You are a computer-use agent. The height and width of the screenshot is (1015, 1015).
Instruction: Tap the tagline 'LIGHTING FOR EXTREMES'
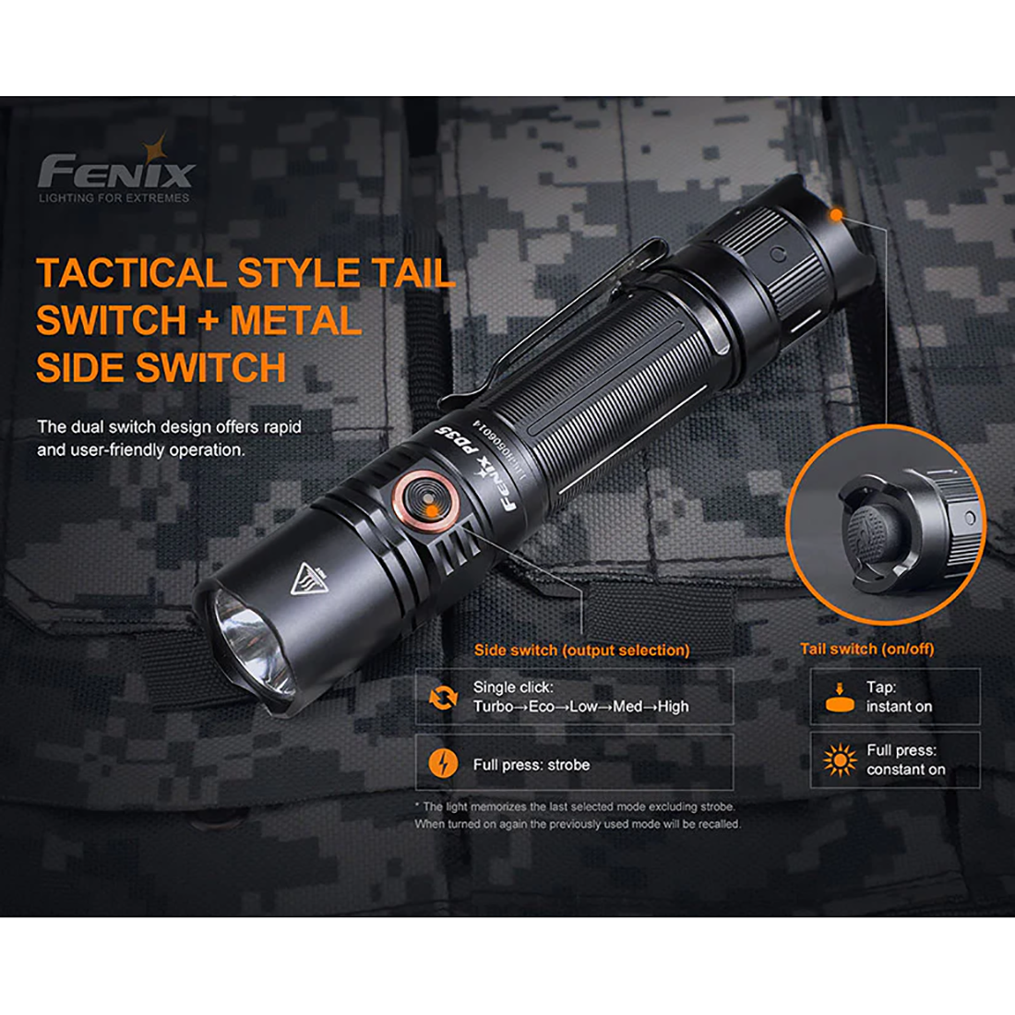(113, 197)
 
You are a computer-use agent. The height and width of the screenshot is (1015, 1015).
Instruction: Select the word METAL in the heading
(294, 320)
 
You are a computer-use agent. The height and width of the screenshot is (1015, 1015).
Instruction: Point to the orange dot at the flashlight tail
(836, 215)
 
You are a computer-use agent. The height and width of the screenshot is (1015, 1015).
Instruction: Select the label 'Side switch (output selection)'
(581, 651)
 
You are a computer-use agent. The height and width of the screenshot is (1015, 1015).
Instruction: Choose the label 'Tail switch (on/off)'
(866, 649)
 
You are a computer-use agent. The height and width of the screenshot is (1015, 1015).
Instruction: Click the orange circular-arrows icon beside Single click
(444, 698)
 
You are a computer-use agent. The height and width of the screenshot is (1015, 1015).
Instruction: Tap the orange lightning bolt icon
(444, 764)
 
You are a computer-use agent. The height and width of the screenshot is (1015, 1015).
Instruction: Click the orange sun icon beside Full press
(840, 760)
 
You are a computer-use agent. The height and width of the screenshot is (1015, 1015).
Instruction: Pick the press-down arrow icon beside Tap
(839, 698)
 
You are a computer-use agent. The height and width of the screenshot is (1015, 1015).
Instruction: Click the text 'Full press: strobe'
(531, 765)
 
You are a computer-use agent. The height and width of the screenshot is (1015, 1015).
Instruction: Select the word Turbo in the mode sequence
(493, 707)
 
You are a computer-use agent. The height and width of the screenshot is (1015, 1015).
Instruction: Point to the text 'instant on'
(899, 707)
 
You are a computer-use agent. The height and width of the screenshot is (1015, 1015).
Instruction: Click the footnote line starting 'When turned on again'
(577, 824)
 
